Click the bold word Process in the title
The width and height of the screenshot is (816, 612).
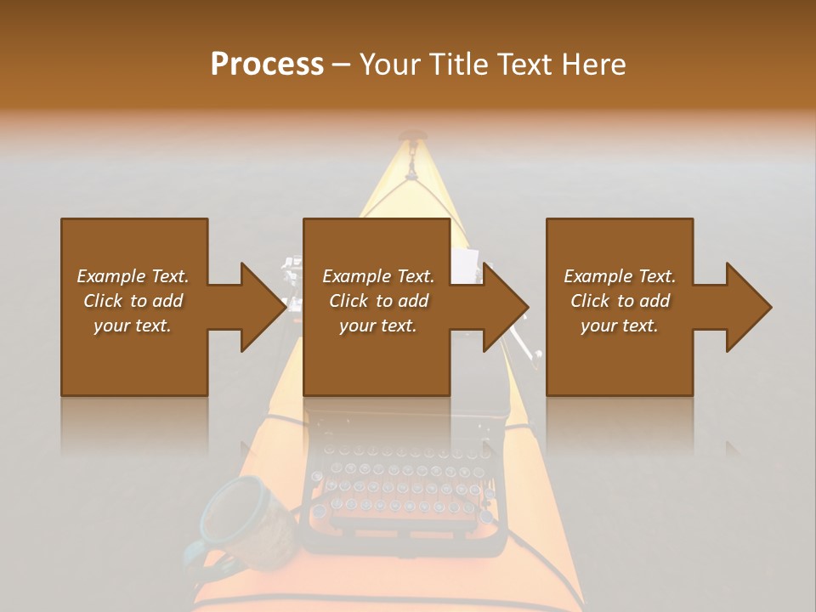(x=267, y=65)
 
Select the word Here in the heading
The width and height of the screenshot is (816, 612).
(x=594, y=65)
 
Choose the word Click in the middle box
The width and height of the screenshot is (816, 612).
(x=348, y=301)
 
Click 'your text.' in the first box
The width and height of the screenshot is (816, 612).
(x=133, y=326)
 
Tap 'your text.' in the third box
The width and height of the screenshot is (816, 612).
(x=619, y=326)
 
